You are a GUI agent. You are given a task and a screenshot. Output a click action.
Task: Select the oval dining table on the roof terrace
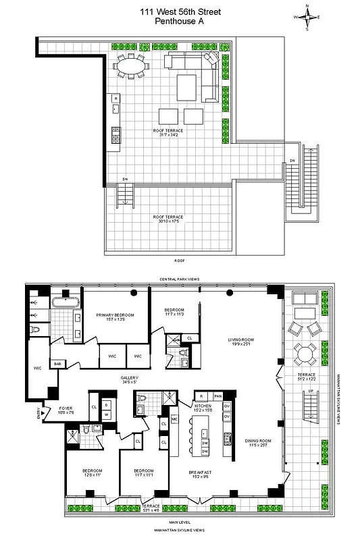tap(130, 66)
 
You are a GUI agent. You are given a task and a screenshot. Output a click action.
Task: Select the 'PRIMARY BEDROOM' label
tap(114, 317)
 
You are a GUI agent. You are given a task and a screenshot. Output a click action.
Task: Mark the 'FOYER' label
tap(66, 410)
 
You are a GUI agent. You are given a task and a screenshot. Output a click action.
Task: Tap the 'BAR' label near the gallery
tap(58, 364)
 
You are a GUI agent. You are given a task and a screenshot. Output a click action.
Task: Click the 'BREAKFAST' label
tap(203, 475)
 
